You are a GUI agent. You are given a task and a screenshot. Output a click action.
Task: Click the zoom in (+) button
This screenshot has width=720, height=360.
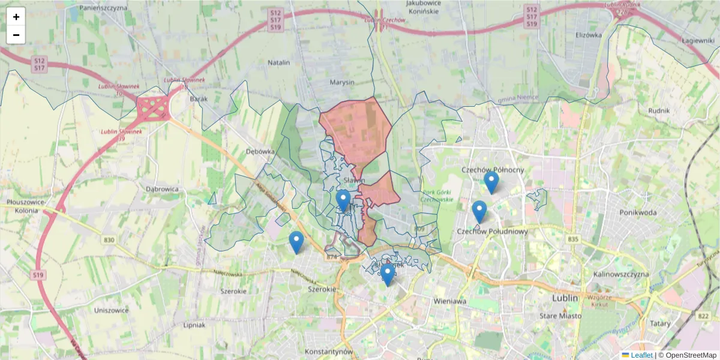[16, 17]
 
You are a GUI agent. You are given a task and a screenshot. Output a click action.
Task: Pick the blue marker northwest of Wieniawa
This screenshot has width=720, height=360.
[388, 274]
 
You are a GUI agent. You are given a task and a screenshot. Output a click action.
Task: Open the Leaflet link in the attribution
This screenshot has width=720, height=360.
[641, 355]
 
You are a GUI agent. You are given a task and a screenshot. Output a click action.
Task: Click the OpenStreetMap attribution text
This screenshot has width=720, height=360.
[691, 355]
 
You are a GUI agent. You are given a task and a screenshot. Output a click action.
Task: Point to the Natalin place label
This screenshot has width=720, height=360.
[278, 62]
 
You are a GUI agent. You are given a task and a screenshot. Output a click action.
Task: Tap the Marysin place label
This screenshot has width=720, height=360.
[343, 82]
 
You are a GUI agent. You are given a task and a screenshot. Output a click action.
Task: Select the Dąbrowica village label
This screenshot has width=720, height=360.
[163, 188]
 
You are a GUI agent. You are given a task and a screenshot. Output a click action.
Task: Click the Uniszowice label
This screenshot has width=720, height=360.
[111, 310]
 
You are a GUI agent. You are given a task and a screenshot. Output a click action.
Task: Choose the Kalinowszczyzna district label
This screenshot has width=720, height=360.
[621, 274]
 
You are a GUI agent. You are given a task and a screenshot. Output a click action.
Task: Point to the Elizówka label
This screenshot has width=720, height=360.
[588, 35]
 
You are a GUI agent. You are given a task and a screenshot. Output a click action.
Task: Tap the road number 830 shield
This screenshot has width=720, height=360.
[109, 240]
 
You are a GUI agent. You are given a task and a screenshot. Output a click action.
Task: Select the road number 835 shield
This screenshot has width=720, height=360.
[573, 239]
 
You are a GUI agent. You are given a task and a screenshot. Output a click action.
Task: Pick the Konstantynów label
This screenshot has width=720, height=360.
[329, 351]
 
